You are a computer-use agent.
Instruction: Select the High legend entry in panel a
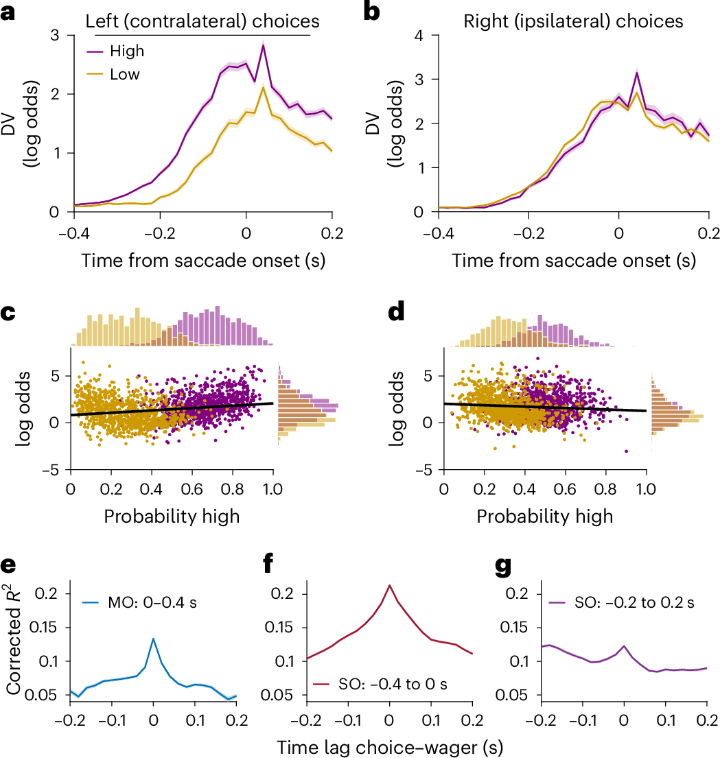(x=127, y=51)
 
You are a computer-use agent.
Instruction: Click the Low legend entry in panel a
(x=126, y=73)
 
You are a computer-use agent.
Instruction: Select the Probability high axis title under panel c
(x=172, y=516)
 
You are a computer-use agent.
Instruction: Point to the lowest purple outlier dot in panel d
(x=627, y=451)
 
